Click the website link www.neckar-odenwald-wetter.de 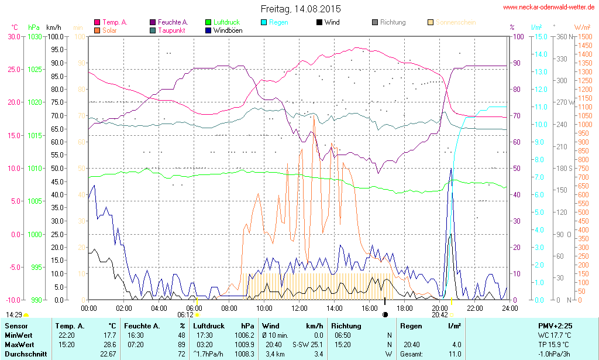tap(549, 7)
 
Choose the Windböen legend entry tap(226, 30)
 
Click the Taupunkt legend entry tap(171, 30)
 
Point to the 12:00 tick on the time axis tap(299, 308)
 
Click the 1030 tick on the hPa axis tap(35, 36)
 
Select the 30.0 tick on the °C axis tap(13, 36)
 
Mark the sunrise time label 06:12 tap(186, 314)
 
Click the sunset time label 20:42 tap(439, 314)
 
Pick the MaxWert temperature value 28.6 tap(109, 345)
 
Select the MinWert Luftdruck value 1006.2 tap(244, 335)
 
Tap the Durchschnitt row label tap(24, 354)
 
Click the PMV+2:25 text tap(555, 325)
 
